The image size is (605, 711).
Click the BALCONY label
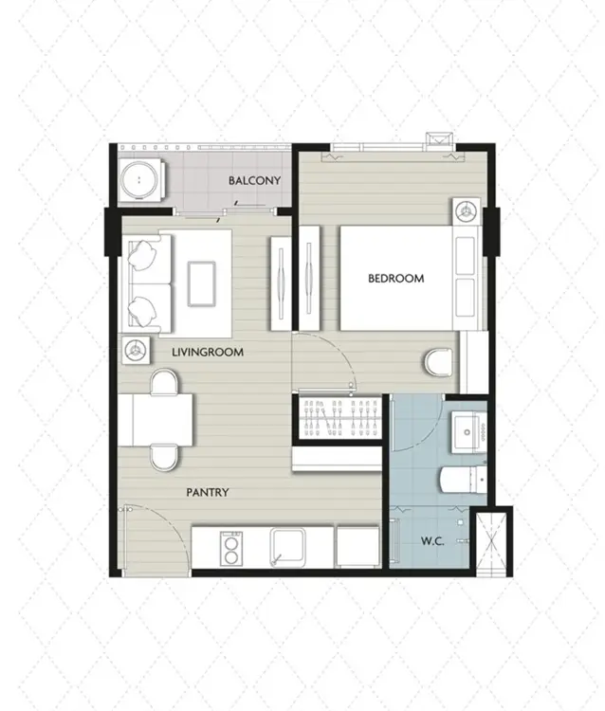(x=254, y=180)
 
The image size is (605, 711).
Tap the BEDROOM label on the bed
(x=396, y=278)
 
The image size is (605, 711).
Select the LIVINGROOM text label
(x=208, y=352)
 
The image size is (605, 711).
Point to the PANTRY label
(x=208, y=492)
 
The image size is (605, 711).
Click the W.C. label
(x=432, y=541)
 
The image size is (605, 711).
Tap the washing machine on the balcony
(x=141, y=179)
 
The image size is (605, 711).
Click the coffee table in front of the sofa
(x=202, y=283)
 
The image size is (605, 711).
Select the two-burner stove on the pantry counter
(x=230, y=548)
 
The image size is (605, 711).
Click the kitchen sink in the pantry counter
(x=287, y=547)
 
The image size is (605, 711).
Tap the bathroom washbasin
(x=469, y=431)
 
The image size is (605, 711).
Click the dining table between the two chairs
(x=162, y=420)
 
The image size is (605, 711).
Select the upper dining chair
(x=164, y=382)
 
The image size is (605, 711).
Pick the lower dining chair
(x=164, y=458)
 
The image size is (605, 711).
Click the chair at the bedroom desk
(x=439, y=362)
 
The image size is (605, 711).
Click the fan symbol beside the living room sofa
(x=136, y=350)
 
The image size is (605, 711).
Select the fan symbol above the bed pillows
(x=467, y=210)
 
